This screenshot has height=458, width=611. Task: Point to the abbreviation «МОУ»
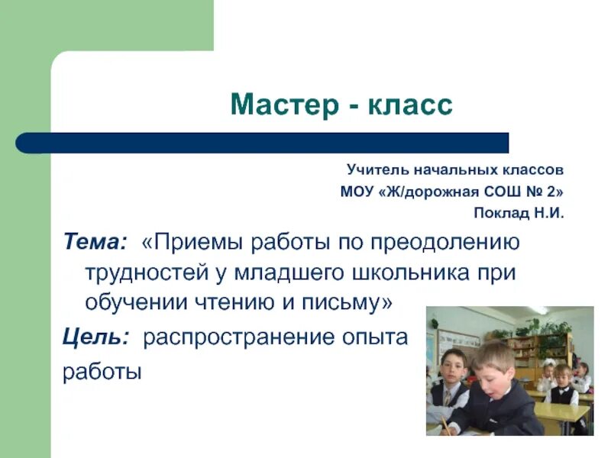coord(354,192)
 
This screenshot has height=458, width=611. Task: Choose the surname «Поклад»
coord(500,214)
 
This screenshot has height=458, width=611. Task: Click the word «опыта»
coord(371,337)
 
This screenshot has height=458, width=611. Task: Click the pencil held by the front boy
coord(443,423)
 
